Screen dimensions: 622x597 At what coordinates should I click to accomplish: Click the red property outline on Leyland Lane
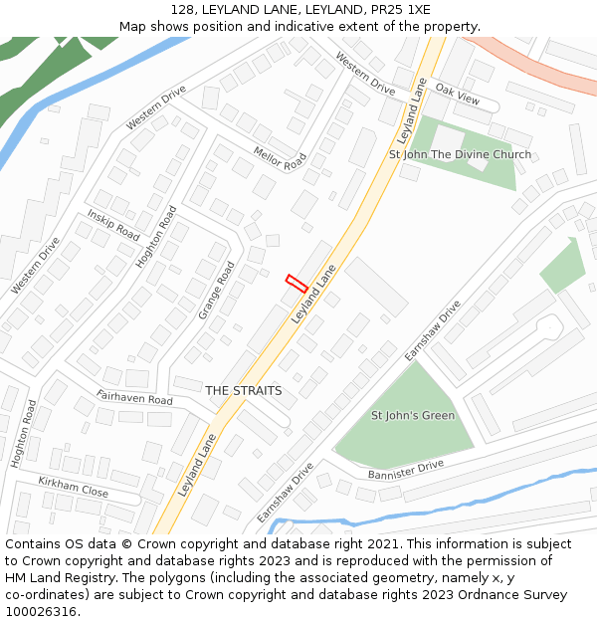(x=296, y=283)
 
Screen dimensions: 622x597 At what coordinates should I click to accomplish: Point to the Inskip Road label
(x=113, y=224)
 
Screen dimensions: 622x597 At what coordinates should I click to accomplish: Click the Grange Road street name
(x=216, y=290)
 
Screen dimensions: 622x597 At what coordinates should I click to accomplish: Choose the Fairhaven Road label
(x=134, y=398)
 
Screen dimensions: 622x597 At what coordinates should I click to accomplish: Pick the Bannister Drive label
(x=405, y=468)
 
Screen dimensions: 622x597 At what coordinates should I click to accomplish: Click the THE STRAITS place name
(x=244, y=391)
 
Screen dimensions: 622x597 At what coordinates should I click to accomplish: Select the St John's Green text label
(x=413, y=415)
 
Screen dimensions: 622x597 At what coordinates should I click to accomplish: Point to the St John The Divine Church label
(x=460, y=154)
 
